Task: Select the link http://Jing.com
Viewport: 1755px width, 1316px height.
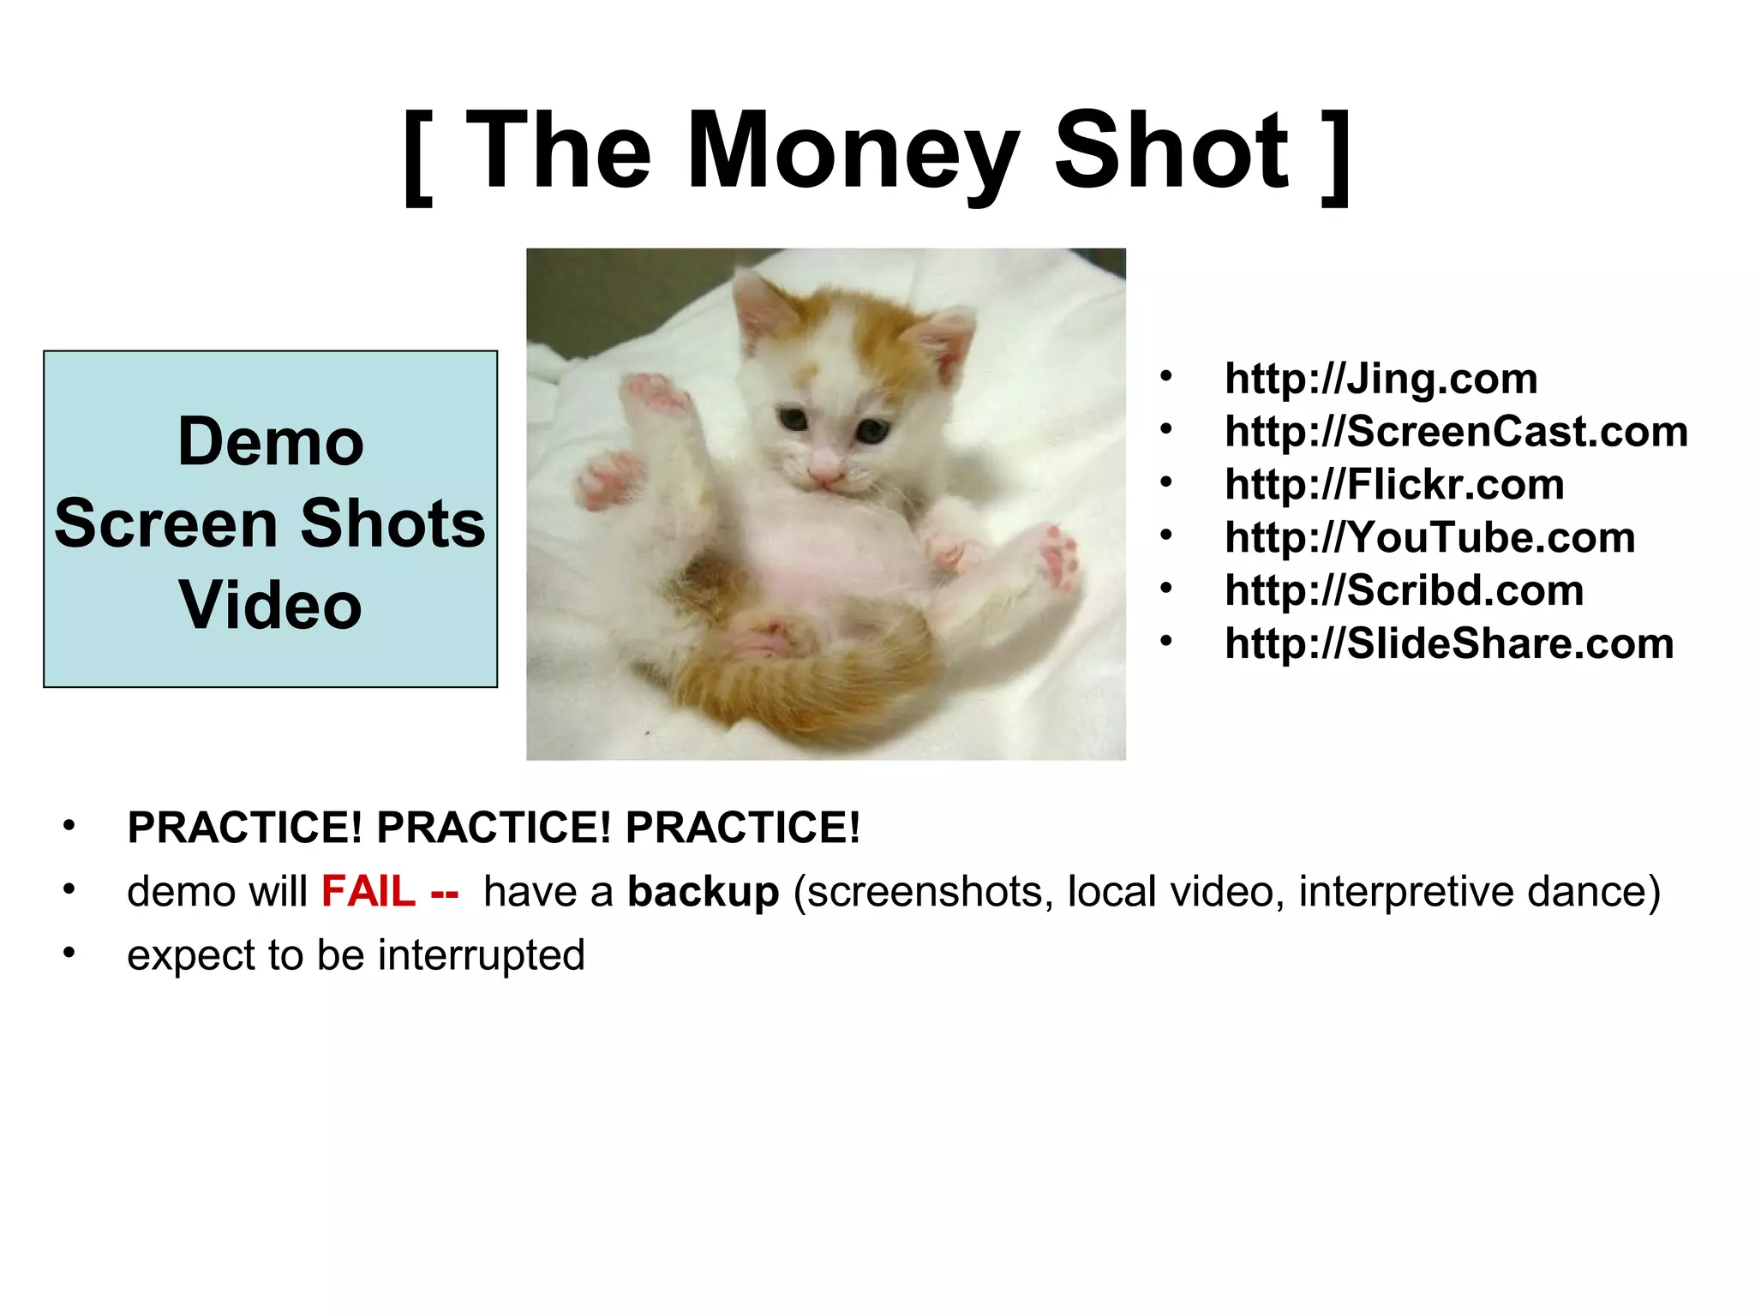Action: click(1381, 379)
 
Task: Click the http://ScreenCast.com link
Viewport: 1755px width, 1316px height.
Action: click(1456, 432)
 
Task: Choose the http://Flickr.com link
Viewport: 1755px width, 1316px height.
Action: click(1394, 485)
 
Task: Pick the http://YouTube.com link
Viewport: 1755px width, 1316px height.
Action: click(1429, 538)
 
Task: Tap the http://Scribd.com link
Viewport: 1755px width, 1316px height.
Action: click(1404, 591)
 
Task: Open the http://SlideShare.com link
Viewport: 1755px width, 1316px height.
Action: click(1449, 644)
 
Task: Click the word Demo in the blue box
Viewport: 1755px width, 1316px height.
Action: click(271, 442)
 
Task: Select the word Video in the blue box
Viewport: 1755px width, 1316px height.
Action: click(271, 605)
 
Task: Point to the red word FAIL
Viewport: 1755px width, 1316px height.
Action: click(368, 892)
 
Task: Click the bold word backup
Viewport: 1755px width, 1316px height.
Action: click(703, 892)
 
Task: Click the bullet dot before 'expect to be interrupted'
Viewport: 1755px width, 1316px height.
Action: click(69, 954)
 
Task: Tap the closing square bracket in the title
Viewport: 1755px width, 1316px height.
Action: click(1336, 156)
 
